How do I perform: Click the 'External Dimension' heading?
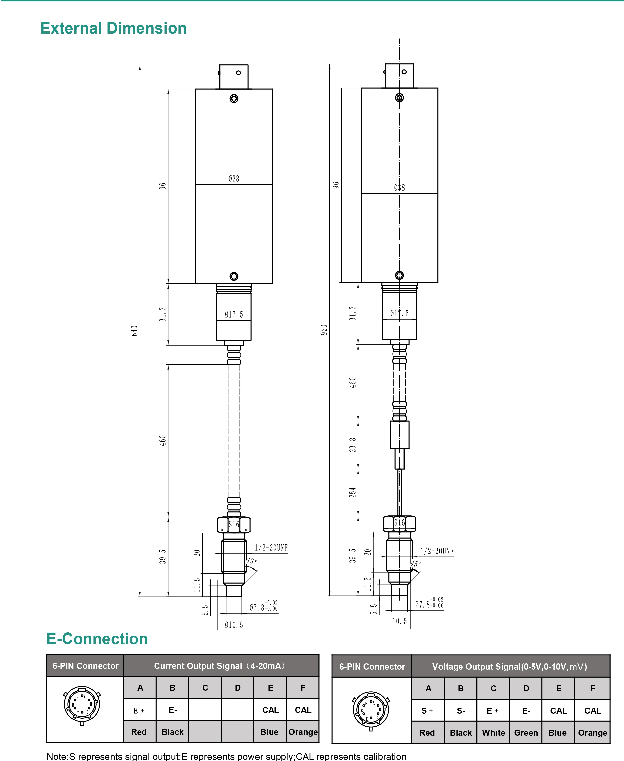[x=113, y=28]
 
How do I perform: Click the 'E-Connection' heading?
[x=97, y=639]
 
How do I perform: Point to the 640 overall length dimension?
[x=134, y=331]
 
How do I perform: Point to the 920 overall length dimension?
[x=324, y=330]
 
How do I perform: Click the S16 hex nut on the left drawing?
[x=234, y=525]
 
